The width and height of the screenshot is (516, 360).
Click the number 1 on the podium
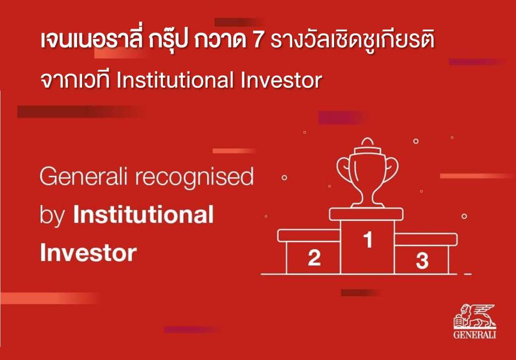(x=368, y=240)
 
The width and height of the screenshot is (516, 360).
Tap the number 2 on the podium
(x=314, y=257)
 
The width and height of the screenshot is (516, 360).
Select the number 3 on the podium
(x=422, y=260)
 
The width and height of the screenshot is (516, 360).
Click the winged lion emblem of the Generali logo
(x=475, y=316)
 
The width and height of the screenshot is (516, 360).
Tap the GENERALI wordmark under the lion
(x=475, y=335)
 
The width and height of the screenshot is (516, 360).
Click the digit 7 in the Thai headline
(x=259, y=41)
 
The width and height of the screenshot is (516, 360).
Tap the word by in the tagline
(x=52, y=216)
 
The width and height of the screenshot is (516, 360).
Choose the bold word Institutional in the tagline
(x=144, y=215)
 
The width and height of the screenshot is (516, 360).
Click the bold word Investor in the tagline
(x=88, y=253)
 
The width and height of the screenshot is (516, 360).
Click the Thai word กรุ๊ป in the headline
(x=168, y=40)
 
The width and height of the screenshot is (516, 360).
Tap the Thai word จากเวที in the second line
(x=75, y=80)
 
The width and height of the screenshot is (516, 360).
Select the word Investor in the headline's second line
(x=281, y=80)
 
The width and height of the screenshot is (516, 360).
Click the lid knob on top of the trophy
(x=367, y=142)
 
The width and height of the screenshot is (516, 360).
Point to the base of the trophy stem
(x=367, y=205)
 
